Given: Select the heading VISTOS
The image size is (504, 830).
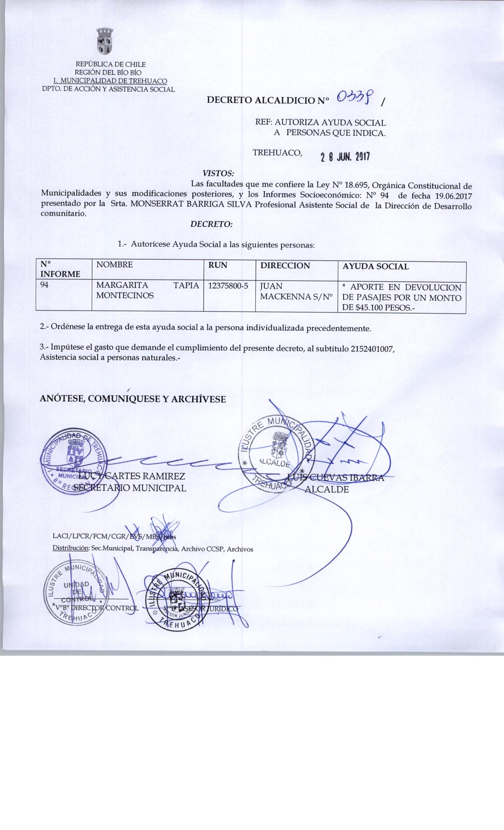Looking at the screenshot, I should tap(218, 173).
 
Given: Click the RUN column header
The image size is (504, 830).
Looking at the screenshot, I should tap(217, 266).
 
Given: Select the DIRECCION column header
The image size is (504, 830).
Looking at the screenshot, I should tap(285, 266).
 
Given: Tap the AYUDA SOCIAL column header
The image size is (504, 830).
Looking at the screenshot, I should tap(375, 266).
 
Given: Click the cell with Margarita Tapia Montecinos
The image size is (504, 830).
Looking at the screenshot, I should tap(147, 290).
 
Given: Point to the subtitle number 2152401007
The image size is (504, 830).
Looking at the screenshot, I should tap(372, 349).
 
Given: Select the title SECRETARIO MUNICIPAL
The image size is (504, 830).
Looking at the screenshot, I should tap(130, 488).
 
